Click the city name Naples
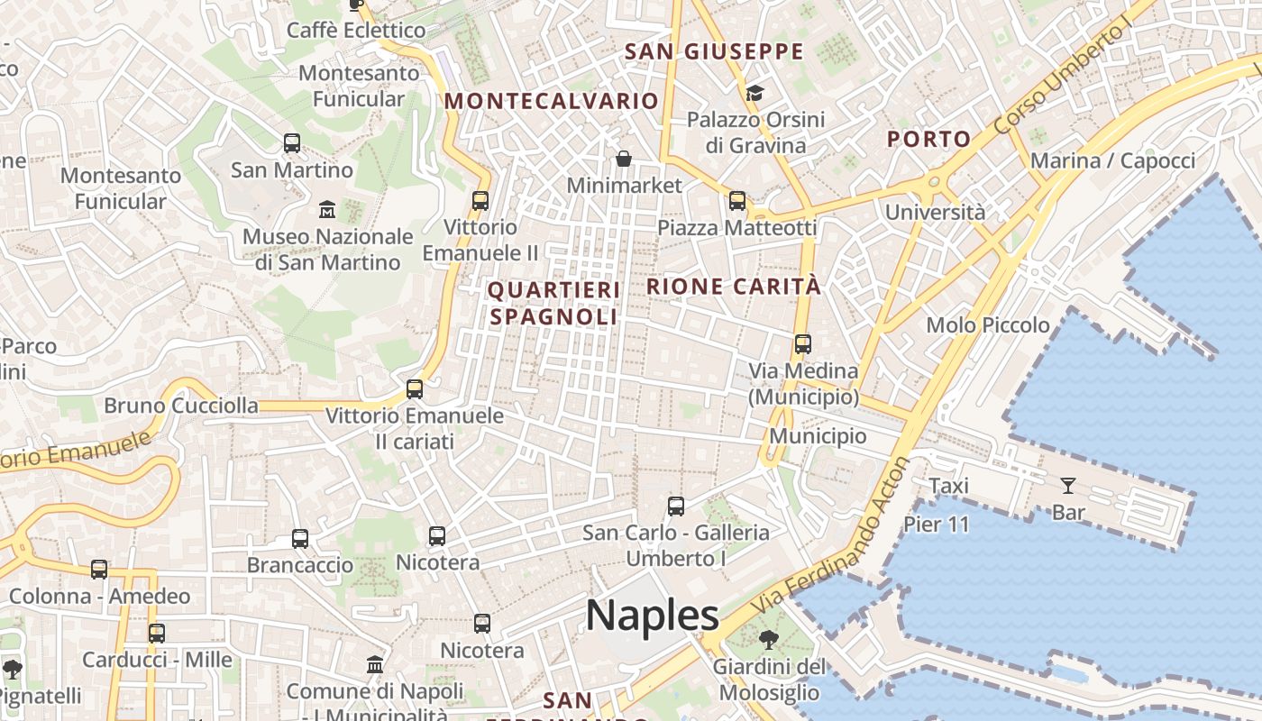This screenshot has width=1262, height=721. coord(652,616)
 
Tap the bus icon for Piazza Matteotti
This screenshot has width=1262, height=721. coord(737,201)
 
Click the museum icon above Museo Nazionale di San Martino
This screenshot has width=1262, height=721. coord(327,211)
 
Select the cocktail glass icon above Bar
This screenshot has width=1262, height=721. coord(1068,486)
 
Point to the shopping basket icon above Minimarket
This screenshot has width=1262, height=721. coord(624,160)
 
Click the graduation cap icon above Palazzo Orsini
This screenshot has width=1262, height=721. coord(754,93)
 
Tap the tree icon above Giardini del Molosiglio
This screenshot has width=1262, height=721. coord(769,641)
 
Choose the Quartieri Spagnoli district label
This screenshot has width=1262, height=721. coord(554,304)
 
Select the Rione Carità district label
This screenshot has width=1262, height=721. coord(734,287)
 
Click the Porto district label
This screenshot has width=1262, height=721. coord(928,140)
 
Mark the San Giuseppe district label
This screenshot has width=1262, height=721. coord(714,51)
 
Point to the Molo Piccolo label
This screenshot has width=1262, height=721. coord(988,325)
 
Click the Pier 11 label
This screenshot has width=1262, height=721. coord(936,525)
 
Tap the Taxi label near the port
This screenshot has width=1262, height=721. coord(948,487)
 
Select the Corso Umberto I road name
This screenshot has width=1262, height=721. coord(1062,78)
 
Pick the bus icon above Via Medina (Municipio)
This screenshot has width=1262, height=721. coord(802,343)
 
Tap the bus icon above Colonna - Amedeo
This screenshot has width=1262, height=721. coord(99,570)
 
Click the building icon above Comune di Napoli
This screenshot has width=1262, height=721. coord(375,665)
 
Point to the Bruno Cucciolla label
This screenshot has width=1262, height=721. coord(181,406)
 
